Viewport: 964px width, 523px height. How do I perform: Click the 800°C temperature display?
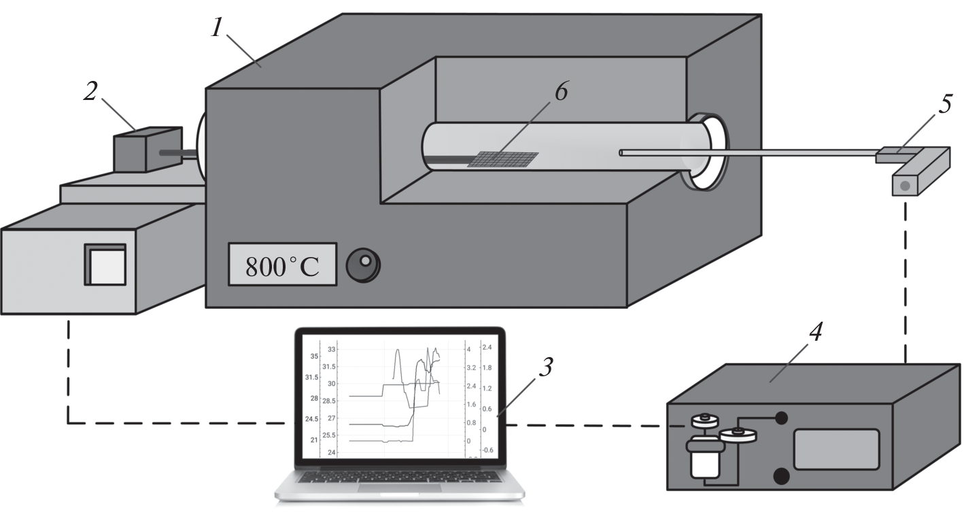(282, 263)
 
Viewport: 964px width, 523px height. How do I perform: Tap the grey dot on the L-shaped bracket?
(906, 185)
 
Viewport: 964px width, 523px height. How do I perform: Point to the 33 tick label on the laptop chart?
(332, 349)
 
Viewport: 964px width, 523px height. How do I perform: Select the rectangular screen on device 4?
(836, 449)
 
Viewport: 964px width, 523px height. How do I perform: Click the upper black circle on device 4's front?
(781, 418)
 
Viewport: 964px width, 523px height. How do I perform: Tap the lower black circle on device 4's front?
(781, 476)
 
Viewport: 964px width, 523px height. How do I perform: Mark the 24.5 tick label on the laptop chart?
(313, 419)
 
